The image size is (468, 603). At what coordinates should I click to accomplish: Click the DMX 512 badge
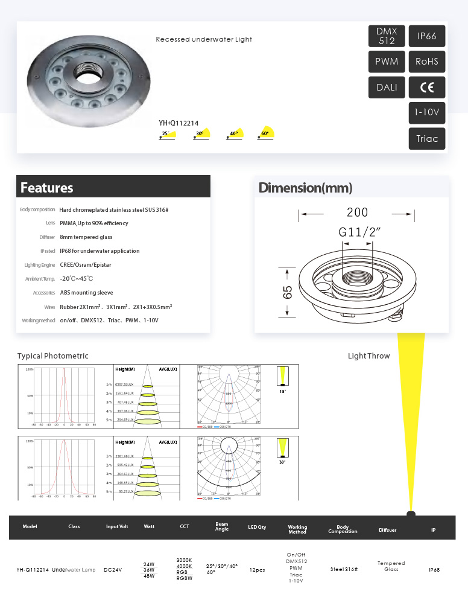(387, 36)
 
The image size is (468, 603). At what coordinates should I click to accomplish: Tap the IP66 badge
(427, 36)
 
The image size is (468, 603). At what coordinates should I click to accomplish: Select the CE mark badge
(427, 88)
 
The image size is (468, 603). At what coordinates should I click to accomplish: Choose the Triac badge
(427, 139)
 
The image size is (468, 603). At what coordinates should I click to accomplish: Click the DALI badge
(387, 88)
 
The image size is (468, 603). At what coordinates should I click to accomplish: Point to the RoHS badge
(427, 62)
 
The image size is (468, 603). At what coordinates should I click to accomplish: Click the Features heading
(47, 188)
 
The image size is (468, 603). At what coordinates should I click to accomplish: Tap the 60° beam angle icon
(266, 133)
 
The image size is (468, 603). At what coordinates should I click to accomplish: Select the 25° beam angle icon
(167, 133)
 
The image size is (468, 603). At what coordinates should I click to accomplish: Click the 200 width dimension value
(357, 212)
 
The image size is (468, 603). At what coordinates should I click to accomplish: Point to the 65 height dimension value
(288, 292)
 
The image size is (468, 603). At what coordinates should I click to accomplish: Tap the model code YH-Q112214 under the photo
(179, 123)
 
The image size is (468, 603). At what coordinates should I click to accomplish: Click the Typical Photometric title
(53, 356)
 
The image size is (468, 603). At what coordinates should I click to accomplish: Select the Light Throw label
(368, 356)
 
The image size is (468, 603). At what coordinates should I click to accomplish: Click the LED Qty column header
(258, 527)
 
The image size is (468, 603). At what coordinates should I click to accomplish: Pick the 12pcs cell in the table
(258, 570)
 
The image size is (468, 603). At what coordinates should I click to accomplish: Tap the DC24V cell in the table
(113, 570)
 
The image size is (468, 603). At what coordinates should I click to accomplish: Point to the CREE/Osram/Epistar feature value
(86, 265)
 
